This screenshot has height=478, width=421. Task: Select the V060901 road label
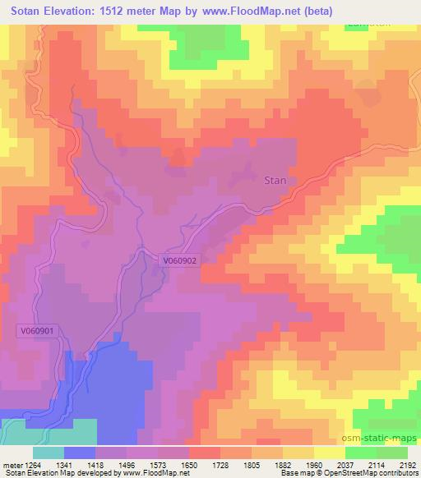(38, 330)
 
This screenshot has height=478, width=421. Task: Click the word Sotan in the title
(30, 11)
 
